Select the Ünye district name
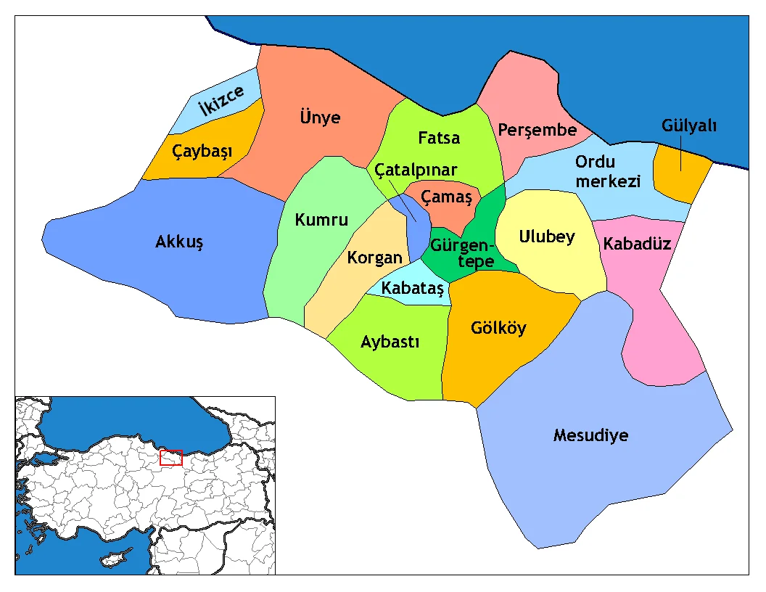tap(320, 117)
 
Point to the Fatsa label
tap(439, 137)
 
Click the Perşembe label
tap(537, 130)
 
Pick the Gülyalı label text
tap(688, 126)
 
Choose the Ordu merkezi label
tap(607, 171)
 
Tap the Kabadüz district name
tap(637, 243)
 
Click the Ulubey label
tap(547, 236)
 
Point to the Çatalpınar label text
tap(416, 170)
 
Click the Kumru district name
tap(321, 220)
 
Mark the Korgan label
tap(374, 258)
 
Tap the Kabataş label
tap(412, 288)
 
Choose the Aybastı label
tap(390, 342)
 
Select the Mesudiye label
tap(590, 435)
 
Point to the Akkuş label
tap(179, 242)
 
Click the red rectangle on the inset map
tap(171, 457)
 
